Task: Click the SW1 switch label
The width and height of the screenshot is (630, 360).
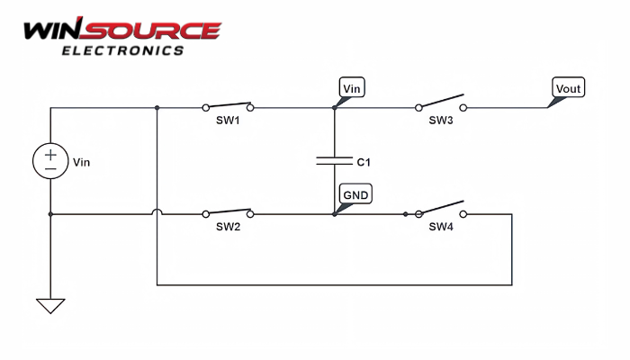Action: tap(228, 121)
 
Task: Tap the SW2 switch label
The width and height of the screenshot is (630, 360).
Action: tap(228, 227)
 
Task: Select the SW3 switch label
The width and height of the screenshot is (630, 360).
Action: tap(441, 121)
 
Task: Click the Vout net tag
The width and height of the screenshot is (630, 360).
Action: tap(568, 88)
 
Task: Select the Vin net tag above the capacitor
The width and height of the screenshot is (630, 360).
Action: tap(352, 88)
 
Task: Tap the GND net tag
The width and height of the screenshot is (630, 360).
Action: tap(355, 193)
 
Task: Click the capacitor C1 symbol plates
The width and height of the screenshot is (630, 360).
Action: tap(334, 162)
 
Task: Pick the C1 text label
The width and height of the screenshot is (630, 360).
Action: tap(364, 163)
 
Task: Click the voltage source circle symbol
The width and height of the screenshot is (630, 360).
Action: tap(50, 162)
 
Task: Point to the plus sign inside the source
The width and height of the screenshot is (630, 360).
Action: tap(50, 155)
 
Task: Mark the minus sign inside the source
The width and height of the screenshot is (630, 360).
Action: tap(50, 169)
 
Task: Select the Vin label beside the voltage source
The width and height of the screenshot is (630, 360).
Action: tap(82, 163)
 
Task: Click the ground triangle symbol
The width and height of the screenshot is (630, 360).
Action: tap(50, 305)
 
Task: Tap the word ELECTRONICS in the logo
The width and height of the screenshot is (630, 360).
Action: tap(121, 50)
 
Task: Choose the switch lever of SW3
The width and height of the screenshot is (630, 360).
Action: tap(443, 101)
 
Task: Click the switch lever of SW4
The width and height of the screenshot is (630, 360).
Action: tap(443, 207)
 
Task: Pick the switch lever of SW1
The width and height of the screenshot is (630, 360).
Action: tap(229, 102)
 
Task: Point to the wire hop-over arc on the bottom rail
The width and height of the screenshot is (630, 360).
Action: tap(157, 211)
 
